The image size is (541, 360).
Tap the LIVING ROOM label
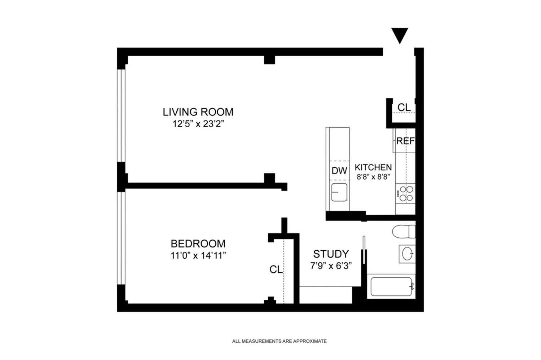click(x=198, y=112)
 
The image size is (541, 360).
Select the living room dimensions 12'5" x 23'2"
click(x=198, y=124)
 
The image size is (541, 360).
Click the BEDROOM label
click(x=198, y=243)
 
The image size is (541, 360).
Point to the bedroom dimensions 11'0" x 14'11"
click(x=198, y=255)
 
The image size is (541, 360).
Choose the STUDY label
click(x=331, y=254)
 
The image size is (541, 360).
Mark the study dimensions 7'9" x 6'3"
click(x=331, y=266)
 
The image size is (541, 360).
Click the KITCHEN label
click(x=373, y=167)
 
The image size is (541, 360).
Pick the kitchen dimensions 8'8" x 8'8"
click(x=373, y=177)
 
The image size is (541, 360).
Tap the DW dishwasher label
click(x=339, y=171)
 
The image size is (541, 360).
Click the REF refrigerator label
click(x=405, y=141)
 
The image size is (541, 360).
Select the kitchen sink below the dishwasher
click(x=339, y=192)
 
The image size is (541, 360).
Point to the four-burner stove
click(x=405, y=194)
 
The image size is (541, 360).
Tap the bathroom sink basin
click(x=408, y=254)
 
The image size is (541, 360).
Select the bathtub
click(x=391, y=286)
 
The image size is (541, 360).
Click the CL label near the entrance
click(x=404, y=107)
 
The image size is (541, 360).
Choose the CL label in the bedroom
click(x=276, y=269)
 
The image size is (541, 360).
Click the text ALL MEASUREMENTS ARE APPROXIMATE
click(x=280, y=341)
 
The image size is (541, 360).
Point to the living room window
click(x=121, y=116)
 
